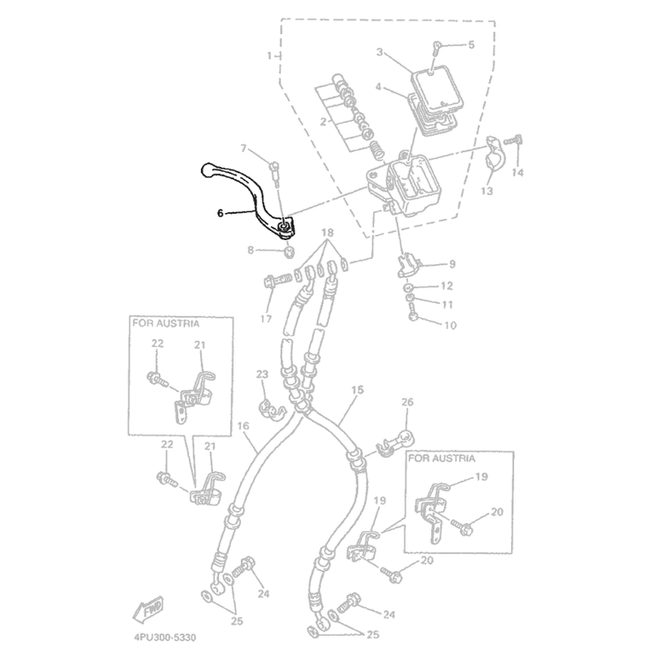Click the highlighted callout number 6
[220, 213]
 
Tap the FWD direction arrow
[148, 609]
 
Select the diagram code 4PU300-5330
[165, 637]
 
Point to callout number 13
[487, 190]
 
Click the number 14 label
[518, 173]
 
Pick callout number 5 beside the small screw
[471, 45]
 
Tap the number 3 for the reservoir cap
[379, 52]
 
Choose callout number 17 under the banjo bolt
[266, 319]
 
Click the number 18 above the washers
[327, 233]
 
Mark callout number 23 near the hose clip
[262, 374]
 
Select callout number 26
[408, 402]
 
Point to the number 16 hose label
[242, 426]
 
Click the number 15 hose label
[357, 390]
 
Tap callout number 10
[450, 325]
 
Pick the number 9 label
[452, 264]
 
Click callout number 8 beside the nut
[251, 251]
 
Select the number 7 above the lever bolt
[243, 148]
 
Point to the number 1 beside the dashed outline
[270, 55]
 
